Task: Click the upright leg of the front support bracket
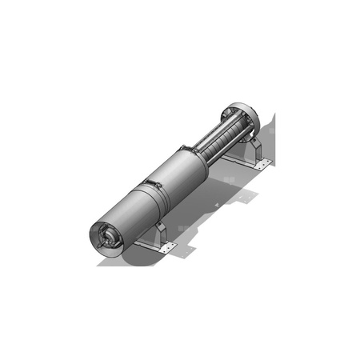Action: point(159,233)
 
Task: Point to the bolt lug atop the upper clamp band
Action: point(185,146)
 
